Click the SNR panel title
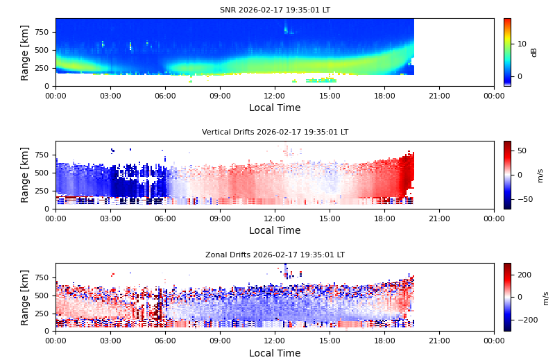[275, 10]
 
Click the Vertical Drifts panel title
[275, 132]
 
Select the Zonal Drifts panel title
[275, 255]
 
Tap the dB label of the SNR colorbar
[534, 52]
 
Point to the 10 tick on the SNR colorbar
[521, 44]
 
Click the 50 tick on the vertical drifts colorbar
[522, 151]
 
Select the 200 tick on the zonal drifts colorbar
[524, 275]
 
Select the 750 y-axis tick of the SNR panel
[41, 32]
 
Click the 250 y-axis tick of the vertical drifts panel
[41, 191]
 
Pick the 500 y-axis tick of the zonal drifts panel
[41, 295]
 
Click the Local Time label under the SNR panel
[275, 108]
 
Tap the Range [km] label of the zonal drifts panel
[25, 297]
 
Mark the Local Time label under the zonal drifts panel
[275, 353]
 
